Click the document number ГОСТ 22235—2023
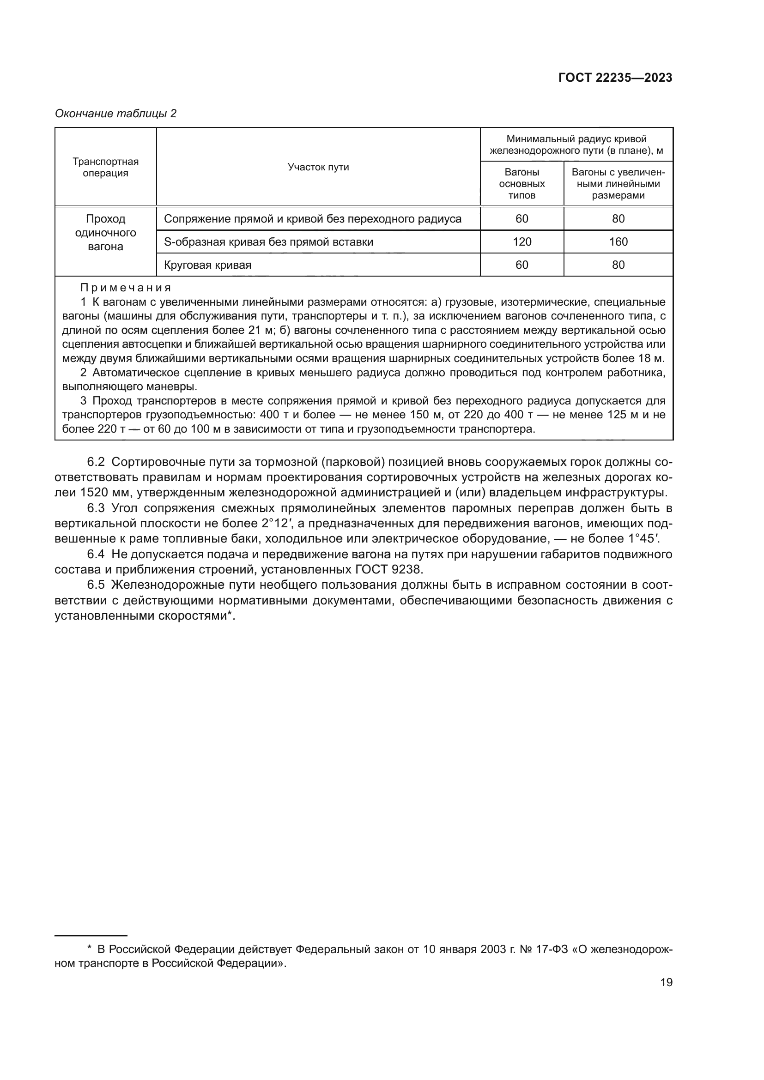(x=615, y=78)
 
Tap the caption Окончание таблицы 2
(x=116, y=114)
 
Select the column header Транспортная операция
(x=105, y=167)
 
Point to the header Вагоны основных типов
(x=521, y=183)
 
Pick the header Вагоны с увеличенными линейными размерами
(x=618, y=183)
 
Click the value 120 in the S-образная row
(x=521, y=242)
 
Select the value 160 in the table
(x=618, y=242)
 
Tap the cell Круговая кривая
(x=207, y=265)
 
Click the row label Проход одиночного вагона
(x=105, y=233)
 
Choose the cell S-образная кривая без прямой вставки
(x=269, y=242)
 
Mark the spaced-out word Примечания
(x=126, y=287)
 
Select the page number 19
(x=666, y=983)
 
